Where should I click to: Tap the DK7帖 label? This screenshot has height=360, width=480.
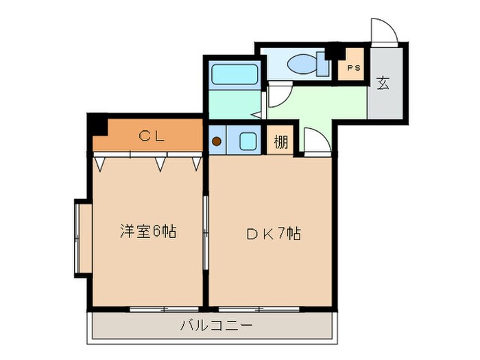[x=273, y=233]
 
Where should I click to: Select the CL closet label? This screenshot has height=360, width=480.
[x=152, y=136]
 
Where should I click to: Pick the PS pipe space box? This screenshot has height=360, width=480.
[x=353, y=68]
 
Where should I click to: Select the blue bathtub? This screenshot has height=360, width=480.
[x=234, y=74]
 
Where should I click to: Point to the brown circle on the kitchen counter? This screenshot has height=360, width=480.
[x=217, y=142]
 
